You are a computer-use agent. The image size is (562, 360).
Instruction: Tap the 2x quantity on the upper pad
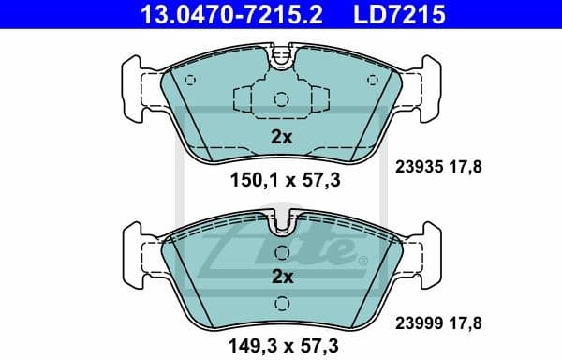282,137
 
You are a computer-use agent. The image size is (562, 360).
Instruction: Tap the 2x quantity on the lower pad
282,277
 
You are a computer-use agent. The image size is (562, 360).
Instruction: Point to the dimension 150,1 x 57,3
281,181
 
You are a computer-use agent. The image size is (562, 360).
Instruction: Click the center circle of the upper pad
281,99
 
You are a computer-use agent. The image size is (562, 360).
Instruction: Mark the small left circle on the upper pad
190,79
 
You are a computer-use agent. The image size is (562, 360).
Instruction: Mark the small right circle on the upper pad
373,79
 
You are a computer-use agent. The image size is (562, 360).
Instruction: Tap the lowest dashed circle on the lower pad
281,302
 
